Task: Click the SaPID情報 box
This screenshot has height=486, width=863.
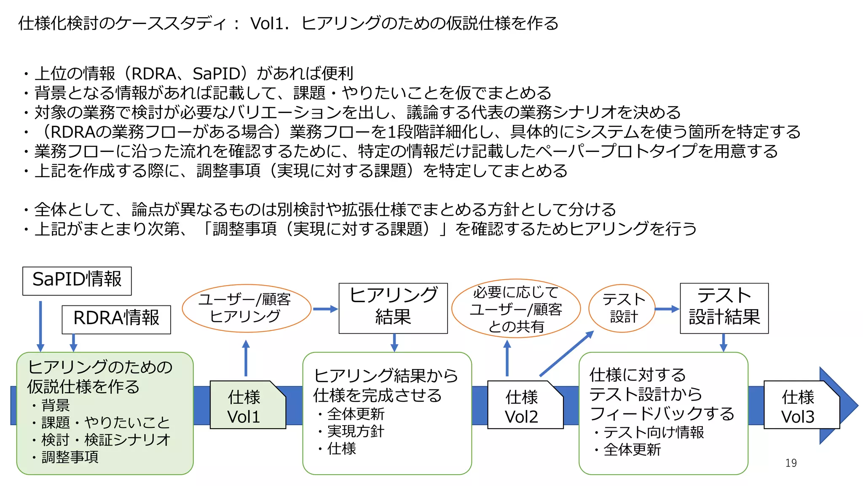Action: coord(77,281)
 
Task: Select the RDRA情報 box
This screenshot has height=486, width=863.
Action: coord(116,319)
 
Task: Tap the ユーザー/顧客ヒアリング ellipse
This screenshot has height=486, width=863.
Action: coord(246,308)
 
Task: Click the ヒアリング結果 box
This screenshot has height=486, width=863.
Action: coord(393,308)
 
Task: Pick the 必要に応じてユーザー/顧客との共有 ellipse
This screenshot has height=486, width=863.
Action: coord(515,309)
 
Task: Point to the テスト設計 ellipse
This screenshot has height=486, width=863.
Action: coord(622,308)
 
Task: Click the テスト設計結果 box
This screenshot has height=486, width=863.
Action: coord(724,308)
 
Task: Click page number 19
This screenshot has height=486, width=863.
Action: coord(791,463)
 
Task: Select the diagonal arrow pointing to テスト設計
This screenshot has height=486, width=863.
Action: coord(567,353)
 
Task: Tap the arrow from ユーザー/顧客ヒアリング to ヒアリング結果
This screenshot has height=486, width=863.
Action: coord(325,309)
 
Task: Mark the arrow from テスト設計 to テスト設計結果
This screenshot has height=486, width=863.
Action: coord(667,309)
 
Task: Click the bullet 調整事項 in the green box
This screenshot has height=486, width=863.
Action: coord(70,457)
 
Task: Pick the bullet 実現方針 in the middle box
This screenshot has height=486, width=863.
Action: coord(355,431)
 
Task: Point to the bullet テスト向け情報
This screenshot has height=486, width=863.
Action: coord(653,432)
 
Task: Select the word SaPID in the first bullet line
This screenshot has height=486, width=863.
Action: coord(216,74)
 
